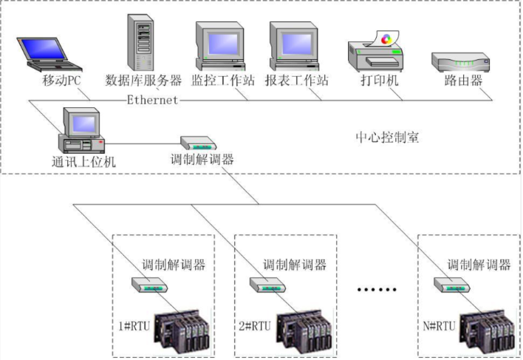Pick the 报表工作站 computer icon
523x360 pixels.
point(293,46)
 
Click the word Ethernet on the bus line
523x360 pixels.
point(152,100)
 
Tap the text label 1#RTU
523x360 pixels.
point(134,326)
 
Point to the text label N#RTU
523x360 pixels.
point(440,326)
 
